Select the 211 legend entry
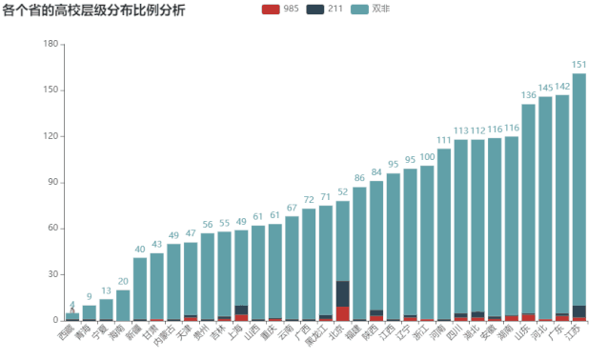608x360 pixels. coord(327,10)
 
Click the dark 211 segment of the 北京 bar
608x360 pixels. coord(342,293)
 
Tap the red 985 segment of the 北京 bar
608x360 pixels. coord(342,313)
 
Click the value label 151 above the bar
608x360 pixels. coord(578,65)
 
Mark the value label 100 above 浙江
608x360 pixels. coord(427,156)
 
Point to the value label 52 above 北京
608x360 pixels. coord(342,192)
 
